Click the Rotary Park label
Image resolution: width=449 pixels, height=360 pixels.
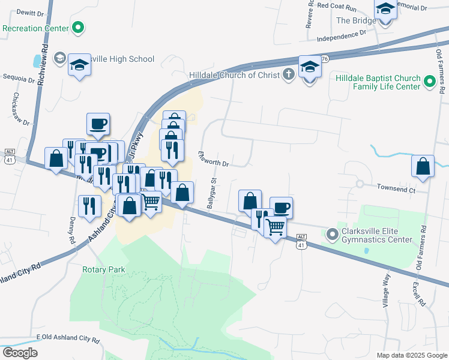pyautogui.click(x=103, y=269)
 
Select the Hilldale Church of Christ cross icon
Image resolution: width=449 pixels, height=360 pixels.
pyautogui.click(x=288, y=74)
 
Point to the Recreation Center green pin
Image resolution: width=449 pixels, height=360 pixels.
pyautogui.click(x=78, y=28)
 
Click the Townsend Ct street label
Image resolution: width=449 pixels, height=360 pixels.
pyautogui.click(x=396, y=188)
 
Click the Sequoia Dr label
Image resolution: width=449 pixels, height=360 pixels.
pyautogui.click(x=19, y=78)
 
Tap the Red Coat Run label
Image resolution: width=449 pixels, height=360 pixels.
pyautogui.click(x=337, y=5)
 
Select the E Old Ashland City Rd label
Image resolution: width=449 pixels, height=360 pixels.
pyautogui.click(x=67, y=339)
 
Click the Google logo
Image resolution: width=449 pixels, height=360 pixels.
pyautogui.click(x=19, y=353)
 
